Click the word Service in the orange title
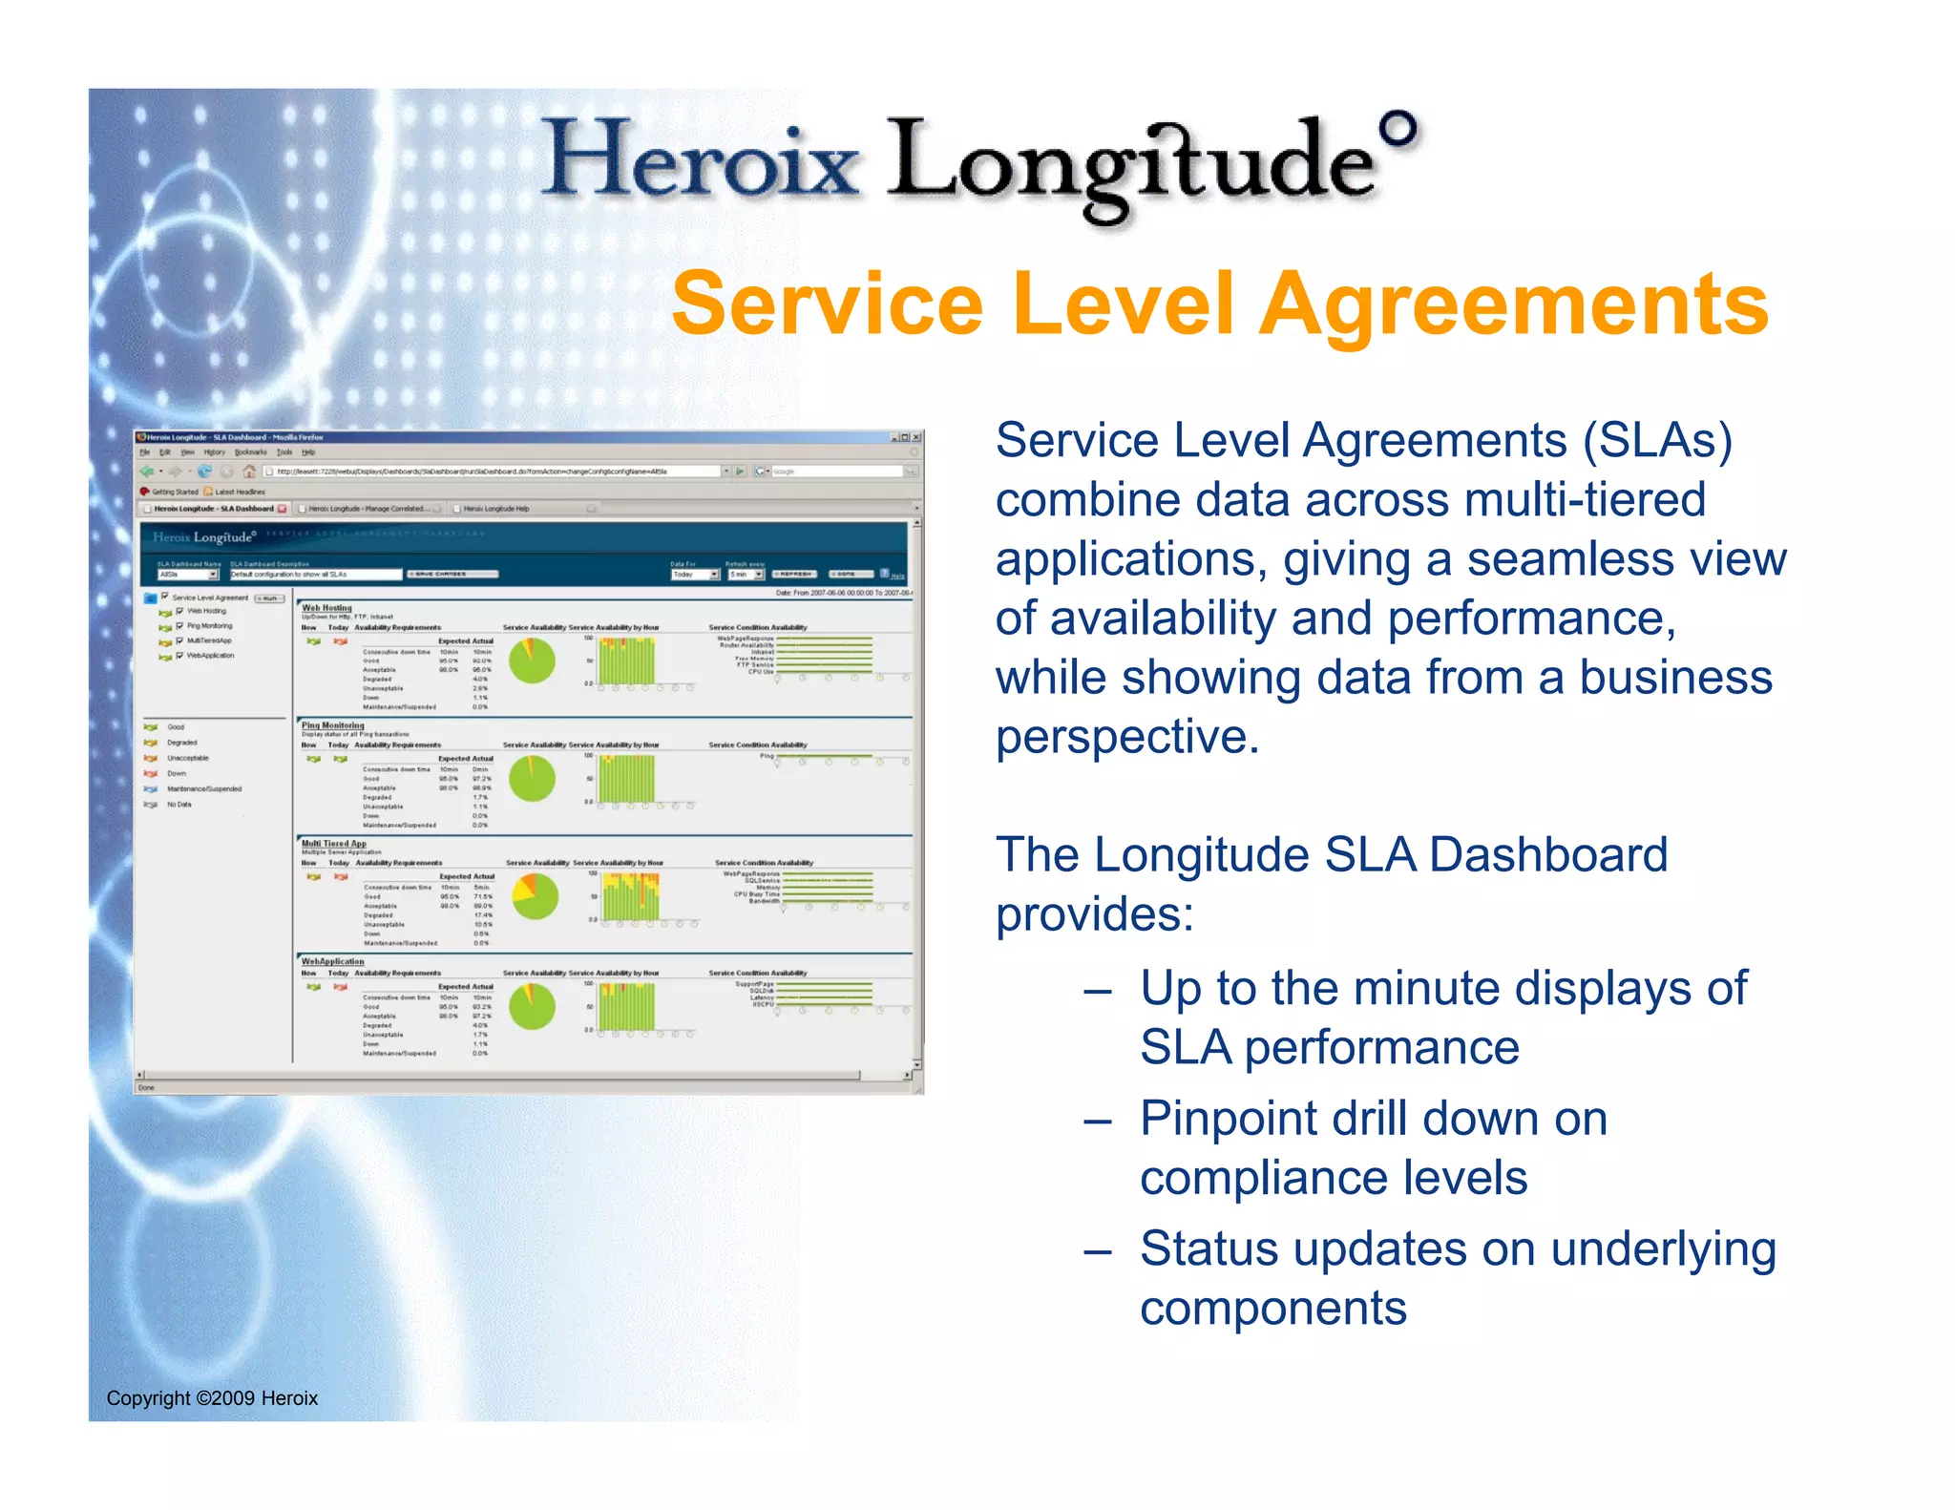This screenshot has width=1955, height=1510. coord(827,304)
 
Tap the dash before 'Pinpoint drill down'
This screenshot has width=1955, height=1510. coord(1097,1122)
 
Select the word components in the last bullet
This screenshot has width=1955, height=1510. coord(1272,1308)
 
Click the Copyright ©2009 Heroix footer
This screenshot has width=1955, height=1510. coord(212,1398)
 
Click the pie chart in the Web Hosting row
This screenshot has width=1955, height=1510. coord(532,661)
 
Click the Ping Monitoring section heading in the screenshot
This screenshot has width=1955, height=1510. coord(332,725)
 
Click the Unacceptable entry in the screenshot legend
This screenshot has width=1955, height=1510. coord(187,758)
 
